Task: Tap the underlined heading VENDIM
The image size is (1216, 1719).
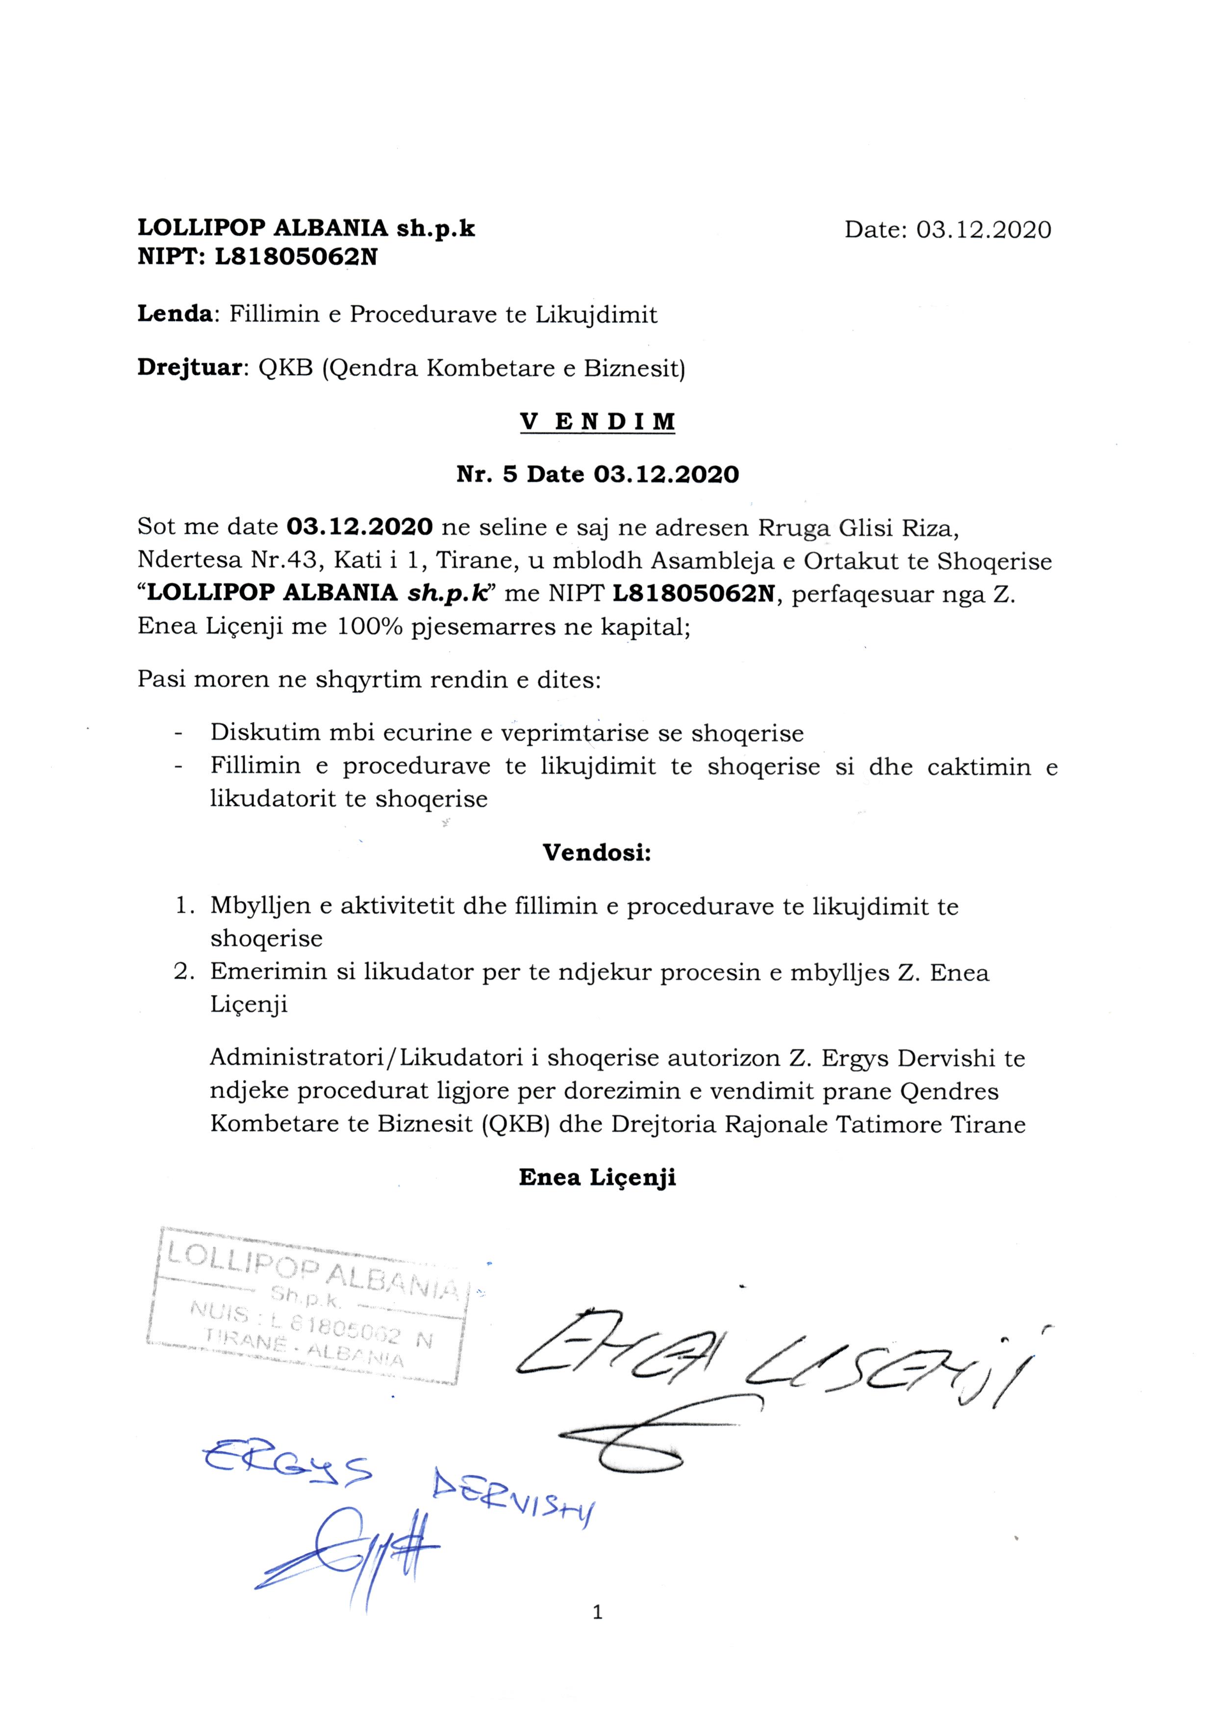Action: pyautogui.click(x=598, y=422)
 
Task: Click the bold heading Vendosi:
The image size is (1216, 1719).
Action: pyautogui.click(x=597, y=853)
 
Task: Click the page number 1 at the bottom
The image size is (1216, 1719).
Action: pyautogui.click(x=597, y=1633)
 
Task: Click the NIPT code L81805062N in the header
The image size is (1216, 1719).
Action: pyautogui.click(x=296, y=257)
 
